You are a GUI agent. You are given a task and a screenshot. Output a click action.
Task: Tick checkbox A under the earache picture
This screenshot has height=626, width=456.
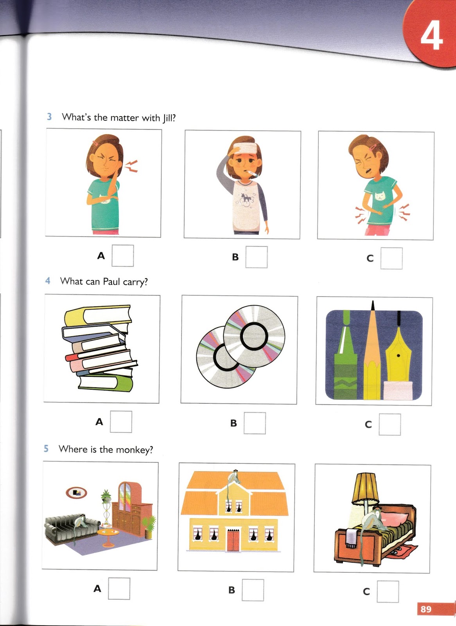click(123, 255)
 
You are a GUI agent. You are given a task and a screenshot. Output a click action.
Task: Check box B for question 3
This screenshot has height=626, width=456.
click(257, 257)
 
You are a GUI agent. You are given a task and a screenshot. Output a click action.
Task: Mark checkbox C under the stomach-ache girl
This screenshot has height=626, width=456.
click(391, 258)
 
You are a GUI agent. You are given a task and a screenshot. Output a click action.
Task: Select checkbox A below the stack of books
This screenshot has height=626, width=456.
click(121, 422)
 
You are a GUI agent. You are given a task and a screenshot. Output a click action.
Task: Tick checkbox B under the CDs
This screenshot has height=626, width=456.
click(255, 423)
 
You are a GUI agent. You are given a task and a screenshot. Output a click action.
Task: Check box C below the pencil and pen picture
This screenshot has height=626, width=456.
click(390, 425)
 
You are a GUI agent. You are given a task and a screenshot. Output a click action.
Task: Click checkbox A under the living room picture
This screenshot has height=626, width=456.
click(119, 588)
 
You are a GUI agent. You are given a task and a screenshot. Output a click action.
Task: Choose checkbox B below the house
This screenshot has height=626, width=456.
click(253, 590)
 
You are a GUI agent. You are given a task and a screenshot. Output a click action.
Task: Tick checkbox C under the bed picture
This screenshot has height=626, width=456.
click(388, 592)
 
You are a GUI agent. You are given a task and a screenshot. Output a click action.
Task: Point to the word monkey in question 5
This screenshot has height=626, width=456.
click(134, 450)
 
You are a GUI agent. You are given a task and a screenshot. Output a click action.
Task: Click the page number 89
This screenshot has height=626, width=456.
click(426, 609)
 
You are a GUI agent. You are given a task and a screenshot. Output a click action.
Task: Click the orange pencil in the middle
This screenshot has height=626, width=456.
click(372, 352)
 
